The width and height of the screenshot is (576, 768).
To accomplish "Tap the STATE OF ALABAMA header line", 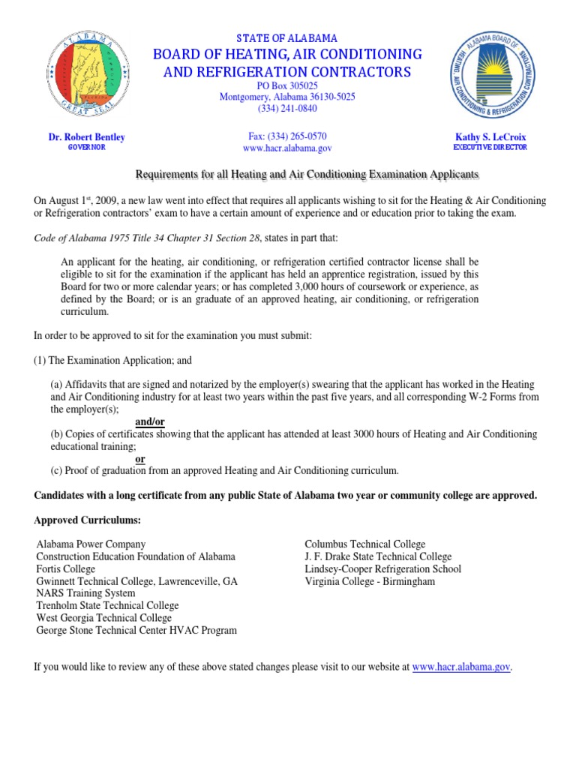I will [287, 37].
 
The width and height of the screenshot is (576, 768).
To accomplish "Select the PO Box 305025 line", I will [287, 85].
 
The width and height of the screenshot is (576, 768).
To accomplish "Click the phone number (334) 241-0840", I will [287, 108].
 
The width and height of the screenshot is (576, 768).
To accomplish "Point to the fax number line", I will [287, 136].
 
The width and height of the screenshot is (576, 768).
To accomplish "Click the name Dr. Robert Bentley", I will [87, 137].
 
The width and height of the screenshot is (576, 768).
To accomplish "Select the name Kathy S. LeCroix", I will [491, 137].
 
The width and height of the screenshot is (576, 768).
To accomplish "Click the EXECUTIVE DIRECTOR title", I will [491, 148].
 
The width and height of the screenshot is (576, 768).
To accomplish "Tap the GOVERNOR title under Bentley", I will [87, 148].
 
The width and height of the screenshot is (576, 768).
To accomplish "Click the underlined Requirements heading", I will [306, 174].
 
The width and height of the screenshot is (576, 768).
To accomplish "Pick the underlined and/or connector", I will [151, 422].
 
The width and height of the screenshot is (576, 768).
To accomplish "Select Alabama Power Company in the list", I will [91, 544].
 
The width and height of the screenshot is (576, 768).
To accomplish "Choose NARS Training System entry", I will [86, 593].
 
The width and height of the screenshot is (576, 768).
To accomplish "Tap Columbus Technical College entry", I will [364, 544].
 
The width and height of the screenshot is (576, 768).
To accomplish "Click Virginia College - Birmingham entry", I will [369, 580].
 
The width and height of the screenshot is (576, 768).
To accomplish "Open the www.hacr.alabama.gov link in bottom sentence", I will [461, 666].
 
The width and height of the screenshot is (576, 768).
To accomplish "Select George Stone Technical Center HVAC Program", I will [136, 630].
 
